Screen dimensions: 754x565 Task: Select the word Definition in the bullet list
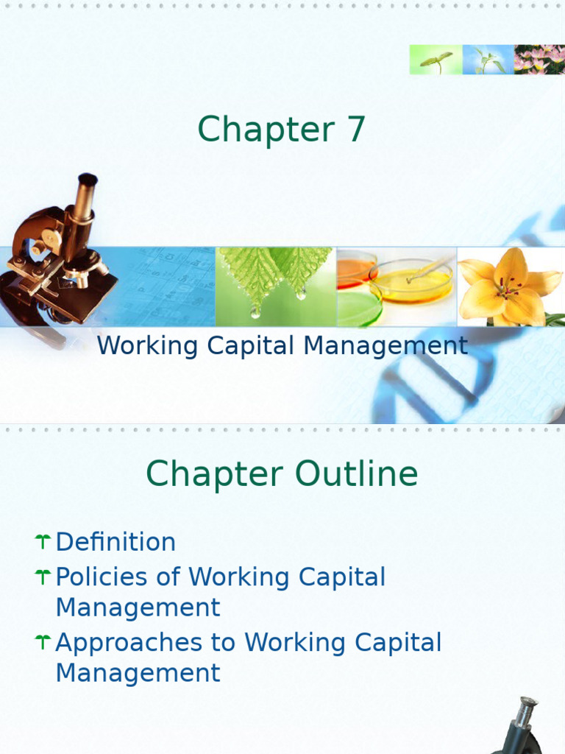tap(116, 542)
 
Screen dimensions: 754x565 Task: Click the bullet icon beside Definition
tap(42, 543)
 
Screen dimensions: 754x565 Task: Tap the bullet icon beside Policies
tap(42, 577)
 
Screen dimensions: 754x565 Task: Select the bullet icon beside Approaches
tap(42, 642)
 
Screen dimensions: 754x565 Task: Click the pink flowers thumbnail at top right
tap(539, 60)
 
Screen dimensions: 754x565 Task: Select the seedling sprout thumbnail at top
tap(436, 60)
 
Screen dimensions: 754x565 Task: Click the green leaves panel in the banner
tap(276, 286)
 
